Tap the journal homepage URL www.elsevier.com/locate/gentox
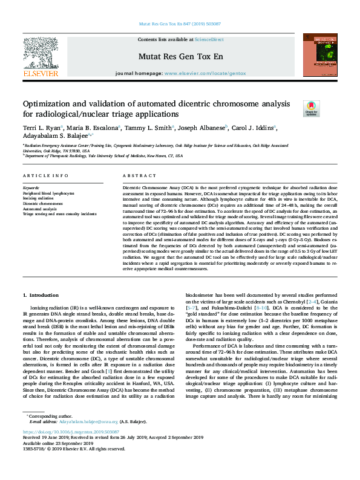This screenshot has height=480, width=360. point(205,73)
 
